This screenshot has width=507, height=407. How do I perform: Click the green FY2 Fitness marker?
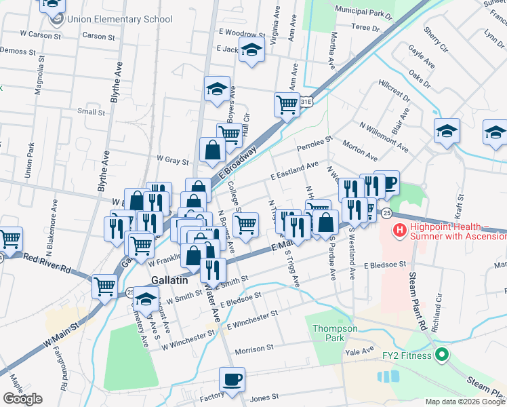(x=441, y=354)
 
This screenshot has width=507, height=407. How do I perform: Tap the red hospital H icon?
(x=400, y=231)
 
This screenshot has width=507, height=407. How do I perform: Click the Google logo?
(x=22, y=399)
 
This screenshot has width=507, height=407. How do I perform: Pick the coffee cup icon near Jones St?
(x=232, y=379)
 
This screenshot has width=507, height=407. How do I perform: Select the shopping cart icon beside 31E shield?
(x=287, y=104)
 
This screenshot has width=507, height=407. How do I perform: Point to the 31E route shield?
(x=307, y=102)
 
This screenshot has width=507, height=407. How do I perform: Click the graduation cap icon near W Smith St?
(x=145, y=298)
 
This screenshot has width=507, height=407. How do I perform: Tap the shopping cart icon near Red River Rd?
(x=11, y=238)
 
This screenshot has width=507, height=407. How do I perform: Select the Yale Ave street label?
(x=359, y=351)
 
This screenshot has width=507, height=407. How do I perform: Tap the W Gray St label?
(x=172, y=159)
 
